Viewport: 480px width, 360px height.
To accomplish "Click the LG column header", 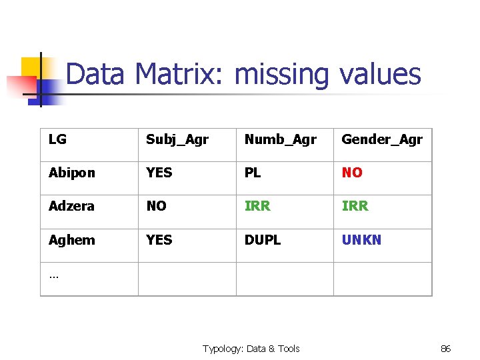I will (57, 139).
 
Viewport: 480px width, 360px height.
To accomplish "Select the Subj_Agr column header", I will (177, 140).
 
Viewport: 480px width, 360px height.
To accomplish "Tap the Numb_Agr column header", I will (280, 140).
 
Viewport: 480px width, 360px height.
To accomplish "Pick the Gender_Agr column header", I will (382, 140).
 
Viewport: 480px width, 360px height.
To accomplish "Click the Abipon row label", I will (71, 173).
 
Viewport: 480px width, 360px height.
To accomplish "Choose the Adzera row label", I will (71, 206).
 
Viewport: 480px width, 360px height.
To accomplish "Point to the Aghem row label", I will (71, 239).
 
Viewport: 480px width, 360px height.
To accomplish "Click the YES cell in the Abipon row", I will (159, 173).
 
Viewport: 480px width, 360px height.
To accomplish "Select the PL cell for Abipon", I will (253, 173).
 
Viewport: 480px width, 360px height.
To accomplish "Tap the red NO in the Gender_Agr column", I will (352, 173).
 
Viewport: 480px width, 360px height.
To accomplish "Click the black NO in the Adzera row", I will (156, 206).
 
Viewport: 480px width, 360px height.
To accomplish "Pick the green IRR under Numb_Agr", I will (257, 206).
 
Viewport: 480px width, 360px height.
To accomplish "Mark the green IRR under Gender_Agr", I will (355, 206).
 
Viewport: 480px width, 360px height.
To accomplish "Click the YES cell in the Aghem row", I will (159, 239).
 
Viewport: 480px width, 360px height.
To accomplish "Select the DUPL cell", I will (263, 239).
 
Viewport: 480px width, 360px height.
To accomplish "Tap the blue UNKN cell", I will (361, 239).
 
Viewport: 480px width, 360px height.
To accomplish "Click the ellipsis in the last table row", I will (53, 274).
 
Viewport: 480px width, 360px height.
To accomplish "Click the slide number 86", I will (446, 349).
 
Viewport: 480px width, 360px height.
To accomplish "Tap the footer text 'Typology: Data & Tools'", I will (251, 349).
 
